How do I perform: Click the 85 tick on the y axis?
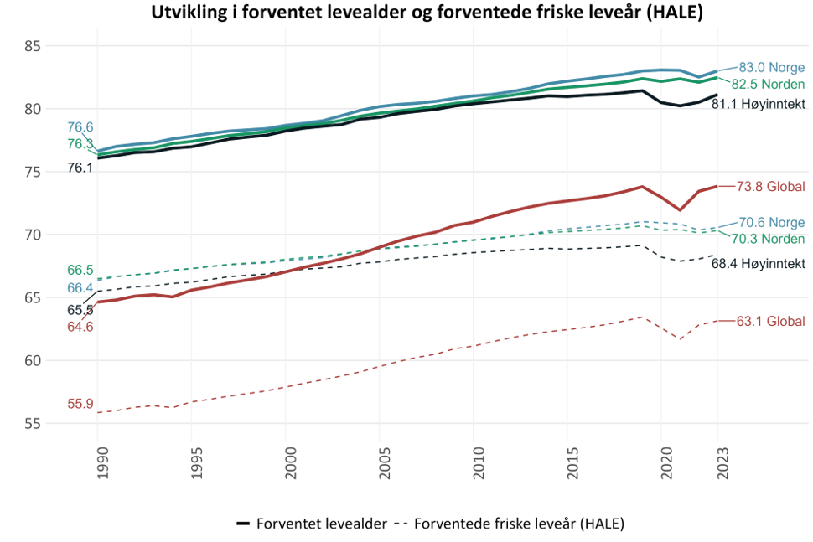coord(32,46)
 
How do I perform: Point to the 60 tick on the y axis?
coord(32,361)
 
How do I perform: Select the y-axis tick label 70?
coord(32,235)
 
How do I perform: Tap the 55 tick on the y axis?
coord(32,424)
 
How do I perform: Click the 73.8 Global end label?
coord(770,186)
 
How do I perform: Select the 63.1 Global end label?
coord(770,321)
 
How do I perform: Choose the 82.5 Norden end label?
coord(768,84)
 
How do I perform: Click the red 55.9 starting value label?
coord(80,403)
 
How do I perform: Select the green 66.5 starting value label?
coord(80,270)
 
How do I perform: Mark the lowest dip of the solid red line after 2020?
coord(681,211)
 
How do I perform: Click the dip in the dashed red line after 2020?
coord(681,339)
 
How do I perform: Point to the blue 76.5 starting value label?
coord(80,127)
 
